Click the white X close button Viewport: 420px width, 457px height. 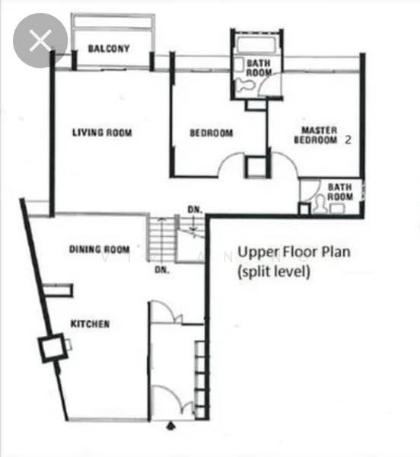pyautogui.click(x=40, y=40)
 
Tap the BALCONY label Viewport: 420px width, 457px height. pyautogui.click(x=109, y=49)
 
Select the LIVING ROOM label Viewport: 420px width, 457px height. pyautogui.click(x=102, y=133)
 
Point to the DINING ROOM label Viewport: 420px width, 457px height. pyautogui.click(x=99, y=250)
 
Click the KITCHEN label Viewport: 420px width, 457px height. pyautogui.click(x=91, y=324)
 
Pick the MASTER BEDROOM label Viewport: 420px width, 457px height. pyautogui.click(x=316, y=135)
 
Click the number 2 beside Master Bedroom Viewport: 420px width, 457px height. pyautogui.click(x=348, y=140)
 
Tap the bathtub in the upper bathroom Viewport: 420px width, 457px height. pyautogui.click(x=256, y=45)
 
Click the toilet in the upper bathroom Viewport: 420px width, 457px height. pyautogui.click(x=245, y=85)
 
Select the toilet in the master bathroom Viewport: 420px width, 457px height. pyautogui.click(x=319, y=203)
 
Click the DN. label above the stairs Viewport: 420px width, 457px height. pyautogui.click(x=195, y=209)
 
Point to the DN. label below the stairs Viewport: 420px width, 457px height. pyautogui.click(x=162, y=270)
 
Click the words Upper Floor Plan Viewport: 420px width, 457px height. pyautogui.click(x=294, y=252)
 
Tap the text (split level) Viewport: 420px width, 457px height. pyautogui.click(x=274, y=272)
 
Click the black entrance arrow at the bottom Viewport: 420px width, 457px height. pyautogui.click(x=171, y=426)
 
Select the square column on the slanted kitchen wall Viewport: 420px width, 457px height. pyautogui.click(x=52, y=348)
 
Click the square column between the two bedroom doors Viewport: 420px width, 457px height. pyautogui.click(x=256, y=167)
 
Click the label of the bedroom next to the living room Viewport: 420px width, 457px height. pyautogui.click(x=212, y=133)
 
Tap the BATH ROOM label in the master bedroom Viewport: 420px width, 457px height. pyautogui.click(x=340, y=192)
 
